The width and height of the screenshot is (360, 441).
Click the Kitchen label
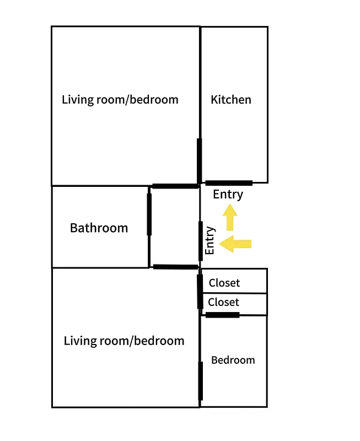point(231,100)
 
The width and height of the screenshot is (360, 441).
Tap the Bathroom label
point(99,228)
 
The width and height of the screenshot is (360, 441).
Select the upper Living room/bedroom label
point(120,100)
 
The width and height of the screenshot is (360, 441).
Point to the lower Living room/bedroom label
point(124,341)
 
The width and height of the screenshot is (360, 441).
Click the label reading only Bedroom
point(233,360)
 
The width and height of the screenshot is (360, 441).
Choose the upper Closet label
point(224,283)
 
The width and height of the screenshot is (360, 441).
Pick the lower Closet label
point(224,302)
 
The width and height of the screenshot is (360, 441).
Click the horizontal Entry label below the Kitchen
point(228,194)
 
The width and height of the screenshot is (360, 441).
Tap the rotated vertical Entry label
point(209,241)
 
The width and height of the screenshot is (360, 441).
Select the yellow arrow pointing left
point(235,244)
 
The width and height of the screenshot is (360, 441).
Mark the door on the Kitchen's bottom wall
point(229,182)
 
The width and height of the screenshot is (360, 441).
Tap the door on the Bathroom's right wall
point(149,214)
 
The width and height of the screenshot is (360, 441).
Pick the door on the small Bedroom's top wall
point(222,315)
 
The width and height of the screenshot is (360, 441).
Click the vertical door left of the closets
point(200,291)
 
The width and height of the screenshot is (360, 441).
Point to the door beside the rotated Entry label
point(200,240)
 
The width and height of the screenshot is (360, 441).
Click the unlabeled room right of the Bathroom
point(174,227)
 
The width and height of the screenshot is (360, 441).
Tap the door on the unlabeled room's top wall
point(175,186)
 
